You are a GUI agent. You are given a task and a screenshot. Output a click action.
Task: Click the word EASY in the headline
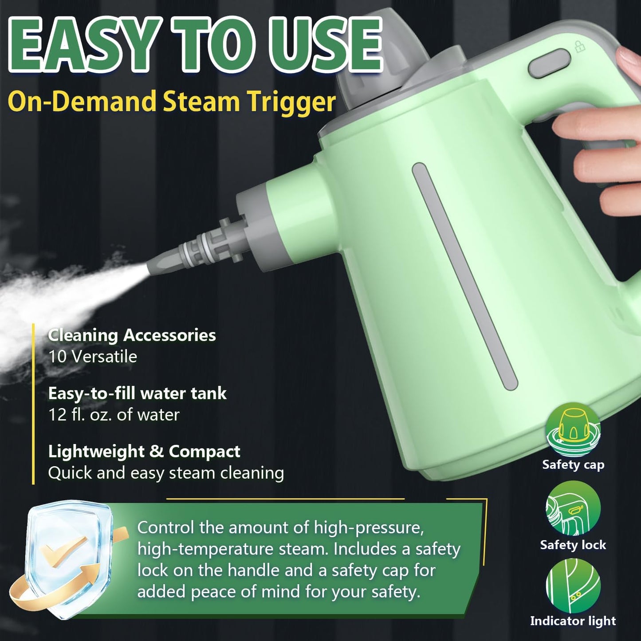point(83,45)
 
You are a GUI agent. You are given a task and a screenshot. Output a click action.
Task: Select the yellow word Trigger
point(291,102)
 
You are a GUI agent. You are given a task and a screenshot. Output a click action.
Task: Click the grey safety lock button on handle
point(549,64)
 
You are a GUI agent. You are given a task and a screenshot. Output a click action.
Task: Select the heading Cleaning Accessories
point(132,335)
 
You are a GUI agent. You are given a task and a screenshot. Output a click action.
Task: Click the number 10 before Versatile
point(57,357)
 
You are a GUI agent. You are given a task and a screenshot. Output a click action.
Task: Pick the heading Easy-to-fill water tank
point(137,393)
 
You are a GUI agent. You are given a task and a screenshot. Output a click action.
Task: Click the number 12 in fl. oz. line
point(57,415)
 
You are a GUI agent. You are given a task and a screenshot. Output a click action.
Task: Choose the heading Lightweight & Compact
point(144,451)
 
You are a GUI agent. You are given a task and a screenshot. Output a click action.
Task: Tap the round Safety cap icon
point(573,429)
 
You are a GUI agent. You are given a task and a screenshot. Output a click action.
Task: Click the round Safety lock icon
point(573,508)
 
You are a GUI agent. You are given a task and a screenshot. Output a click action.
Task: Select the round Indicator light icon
point(573,585)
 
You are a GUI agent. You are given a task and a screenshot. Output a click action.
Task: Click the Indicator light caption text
point(573,621)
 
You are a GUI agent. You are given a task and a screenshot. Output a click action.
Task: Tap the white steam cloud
point(58,302)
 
